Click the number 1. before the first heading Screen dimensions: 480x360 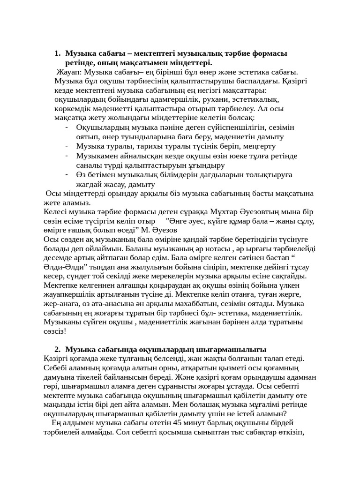(x=58, y=54)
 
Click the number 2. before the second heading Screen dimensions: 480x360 (x=58, y=350)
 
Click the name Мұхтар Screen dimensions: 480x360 (x=227, y=211)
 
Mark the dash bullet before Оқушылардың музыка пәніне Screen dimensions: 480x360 (x=67, y=127)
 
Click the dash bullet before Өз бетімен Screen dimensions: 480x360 (x=67, y=174)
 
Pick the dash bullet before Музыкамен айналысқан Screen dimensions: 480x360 (x=67, y=155)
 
